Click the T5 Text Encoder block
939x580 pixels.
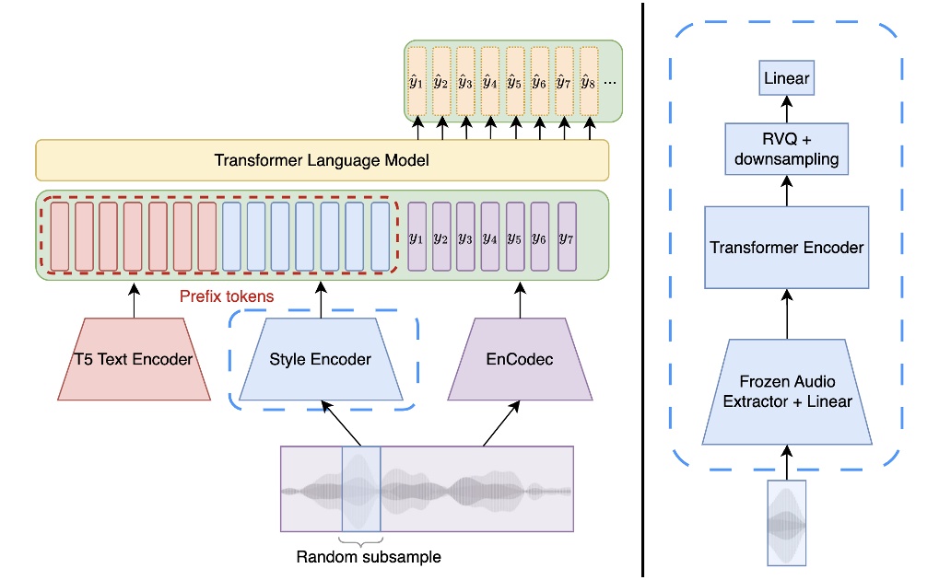click(133, 359)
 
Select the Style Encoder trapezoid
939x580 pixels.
click(320, 359)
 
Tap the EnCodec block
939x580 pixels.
click(520, 359)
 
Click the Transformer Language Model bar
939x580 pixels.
click(322, 160)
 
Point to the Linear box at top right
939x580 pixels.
click(786, 78)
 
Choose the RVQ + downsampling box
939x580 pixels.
click(786, 148)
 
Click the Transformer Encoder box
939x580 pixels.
click(786, 247)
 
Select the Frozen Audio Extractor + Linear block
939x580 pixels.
click(786, 391)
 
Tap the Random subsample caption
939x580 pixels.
click(361, 557)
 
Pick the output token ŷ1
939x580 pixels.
click(417, 83)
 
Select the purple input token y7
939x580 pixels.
click(567, 238)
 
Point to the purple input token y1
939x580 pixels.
click(417, 238)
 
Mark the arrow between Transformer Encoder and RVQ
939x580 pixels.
click(786, 192)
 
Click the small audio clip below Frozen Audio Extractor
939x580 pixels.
click(786, 522)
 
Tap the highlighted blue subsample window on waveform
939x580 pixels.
click(360, 489)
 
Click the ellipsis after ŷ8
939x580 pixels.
click(609, 83)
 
